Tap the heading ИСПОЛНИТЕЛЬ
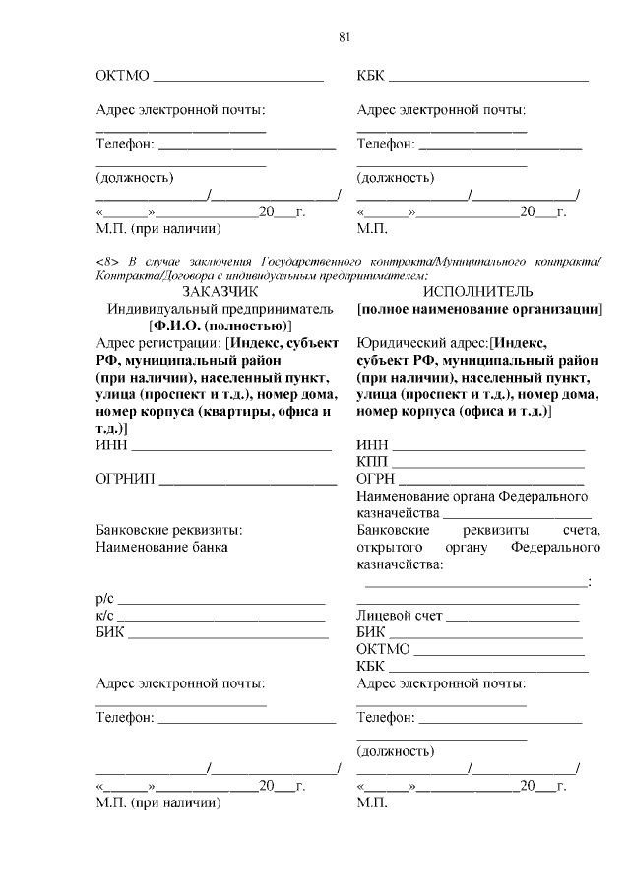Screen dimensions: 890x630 click(x=478, y=291)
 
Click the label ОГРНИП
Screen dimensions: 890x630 click(x=125, y=480)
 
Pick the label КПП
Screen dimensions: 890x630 click(x=372, y=462)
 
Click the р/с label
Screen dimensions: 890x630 click(x=104, y=599)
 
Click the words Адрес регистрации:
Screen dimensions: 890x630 click(x=158, y=343)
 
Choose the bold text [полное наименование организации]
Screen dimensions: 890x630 click(x=479, y=309)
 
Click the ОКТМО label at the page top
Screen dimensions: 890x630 click(x=122, y=76)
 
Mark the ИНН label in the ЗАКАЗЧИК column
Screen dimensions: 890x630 click(x=111, y=445)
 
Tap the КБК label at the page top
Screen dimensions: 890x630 click(x=373, y=76)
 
